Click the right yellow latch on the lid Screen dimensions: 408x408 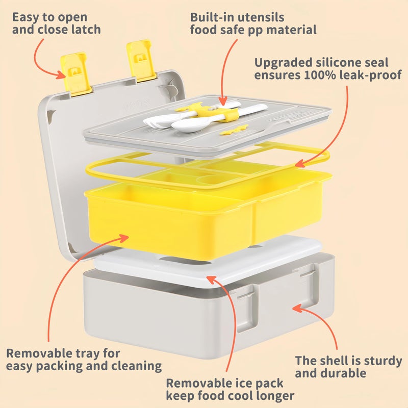[x=141, y=60]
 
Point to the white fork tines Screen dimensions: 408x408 [x=153, y=121]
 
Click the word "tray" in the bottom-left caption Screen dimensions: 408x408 [x=87, y=354]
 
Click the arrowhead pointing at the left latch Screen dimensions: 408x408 [x=62, y=74]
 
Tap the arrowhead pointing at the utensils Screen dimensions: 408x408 [x=223, y=101]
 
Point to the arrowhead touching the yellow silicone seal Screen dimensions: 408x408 [x=300, y=164]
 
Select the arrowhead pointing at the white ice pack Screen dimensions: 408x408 [x=211, y=279]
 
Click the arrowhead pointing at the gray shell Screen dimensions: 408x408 [x=297, y=308]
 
